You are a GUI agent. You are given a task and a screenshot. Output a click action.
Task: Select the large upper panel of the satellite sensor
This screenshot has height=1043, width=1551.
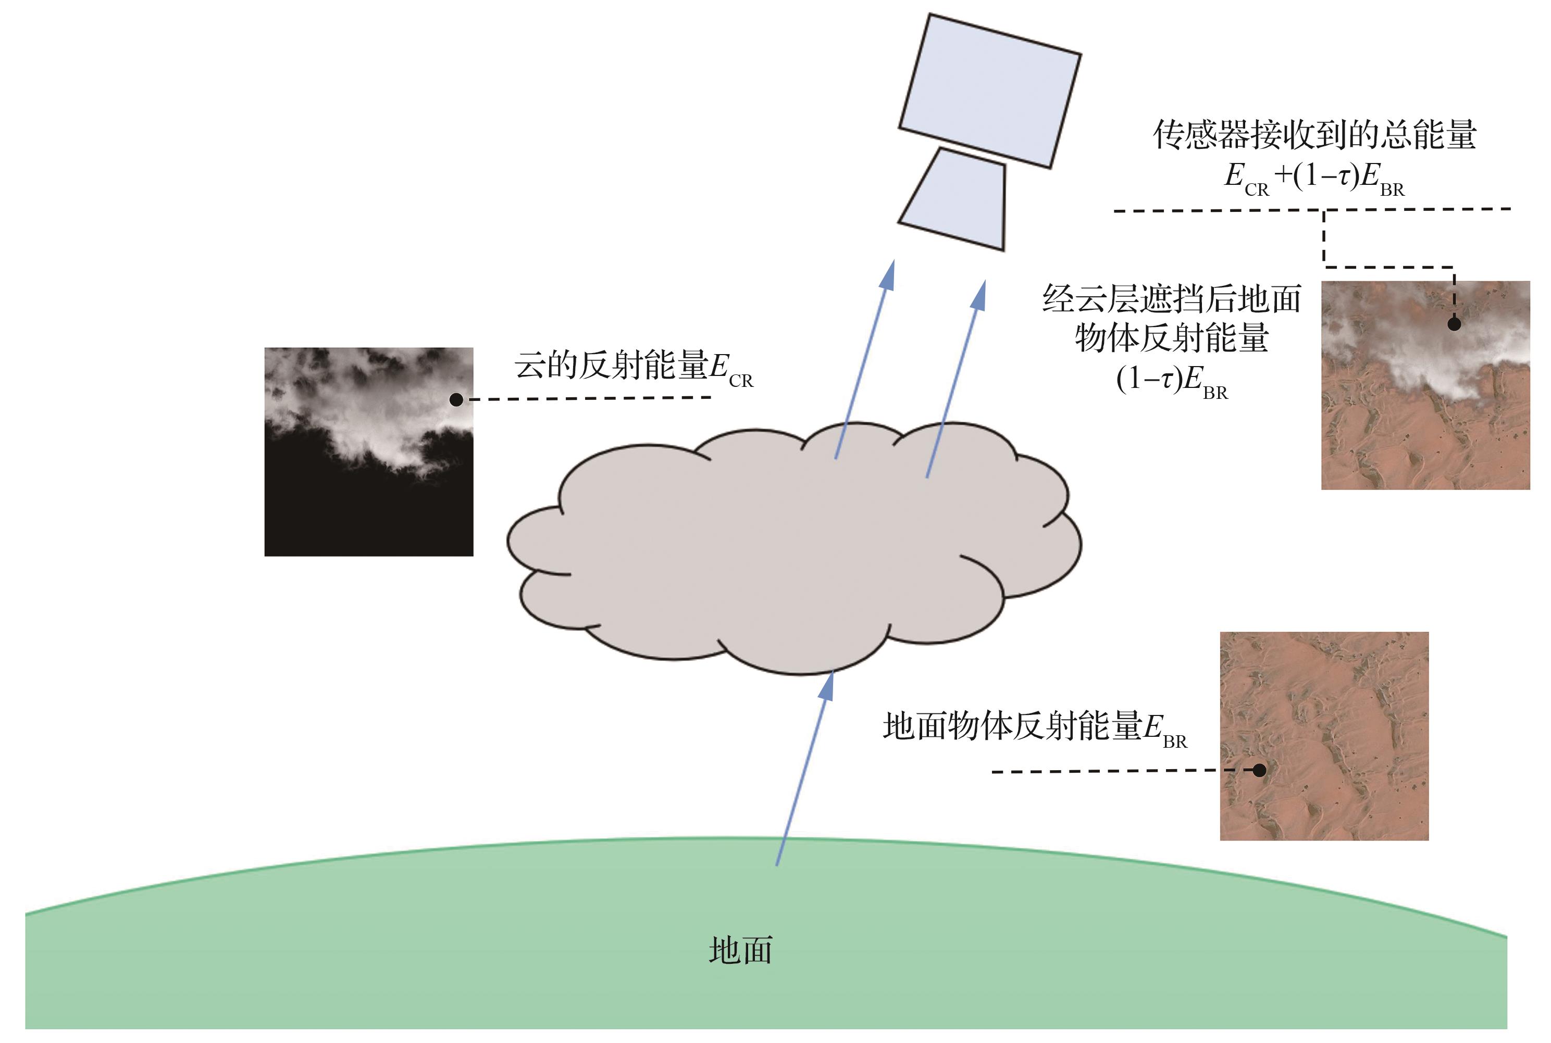tap(989, 91)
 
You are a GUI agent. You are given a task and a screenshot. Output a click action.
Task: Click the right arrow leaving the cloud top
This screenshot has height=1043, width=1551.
tap(956, 379)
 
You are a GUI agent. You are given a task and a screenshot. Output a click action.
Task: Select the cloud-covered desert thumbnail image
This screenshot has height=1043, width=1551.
tap(1425, 386)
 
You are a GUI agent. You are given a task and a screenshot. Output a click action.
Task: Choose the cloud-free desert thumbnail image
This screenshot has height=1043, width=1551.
tap(1323, 736)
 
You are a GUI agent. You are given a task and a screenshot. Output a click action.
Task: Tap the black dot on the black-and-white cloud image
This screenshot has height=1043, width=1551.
tap(456, 399)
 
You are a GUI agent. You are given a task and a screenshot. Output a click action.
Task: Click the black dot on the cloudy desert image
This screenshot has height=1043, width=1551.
tap(1454, 324)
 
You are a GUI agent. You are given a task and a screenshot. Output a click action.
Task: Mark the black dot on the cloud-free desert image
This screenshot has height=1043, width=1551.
tap(1259, 770)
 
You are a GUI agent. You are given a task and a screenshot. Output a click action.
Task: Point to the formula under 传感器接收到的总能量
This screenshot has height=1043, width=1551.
tap(1314, 178)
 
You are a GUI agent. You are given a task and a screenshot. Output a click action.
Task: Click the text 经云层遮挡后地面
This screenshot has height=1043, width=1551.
tap(1171, 299)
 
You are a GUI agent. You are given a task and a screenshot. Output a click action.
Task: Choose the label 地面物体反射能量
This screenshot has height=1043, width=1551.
tap(1011, 726)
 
